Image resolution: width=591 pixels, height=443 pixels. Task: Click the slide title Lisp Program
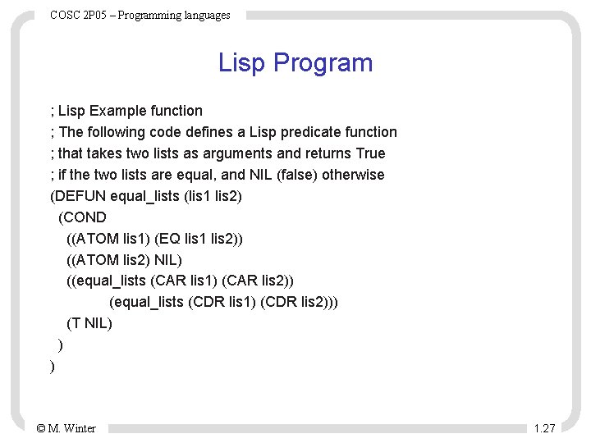(x=295, y=63)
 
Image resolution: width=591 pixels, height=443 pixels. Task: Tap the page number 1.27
(x=544, y=428)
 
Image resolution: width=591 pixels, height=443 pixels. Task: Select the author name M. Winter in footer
(x=72, y=428)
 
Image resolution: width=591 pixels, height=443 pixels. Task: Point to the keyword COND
(x=85, y=217)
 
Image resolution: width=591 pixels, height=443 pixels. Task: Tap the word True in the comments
(x=370, y=153)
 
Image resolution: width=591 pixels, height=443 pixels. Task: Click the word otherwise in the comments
(x=353, y=175)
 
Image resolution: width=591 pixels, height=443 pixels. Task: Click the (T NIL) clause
(x=89, y=323)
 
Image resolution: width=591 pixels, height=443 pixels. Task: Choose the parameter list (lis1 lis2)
(x=213, y=196)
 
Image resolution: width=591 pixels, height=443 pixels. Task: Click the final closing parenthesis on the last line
(x=53, y=367)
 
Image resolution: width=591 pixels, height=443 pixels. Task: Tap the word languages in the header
(x=203, y=15)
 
